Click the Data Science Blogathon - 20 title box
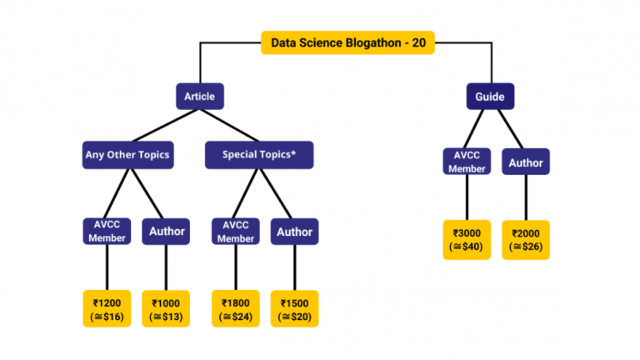[347, 43]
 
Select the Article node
[199, 97]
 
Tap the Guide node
[489, 97]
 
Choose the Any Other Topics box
[127, 155]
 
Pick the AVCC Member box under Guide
[466, 162]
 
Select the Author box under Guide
[525, 162]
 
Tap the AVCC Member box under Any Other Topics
[107, 232]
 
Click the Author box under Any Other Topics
[166, 232]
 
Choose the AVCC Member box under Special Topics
[235, 232]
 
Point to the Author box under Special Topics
[294, 232]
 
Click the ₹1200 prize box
[107, 308]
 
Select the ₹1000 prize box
[166, 308]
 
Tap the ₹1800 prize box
[235, 308]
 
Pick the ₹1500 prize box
[294, 308]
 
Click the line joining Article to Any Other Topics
[167, 125]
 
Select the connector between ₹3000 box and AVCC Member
[466, 200]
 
